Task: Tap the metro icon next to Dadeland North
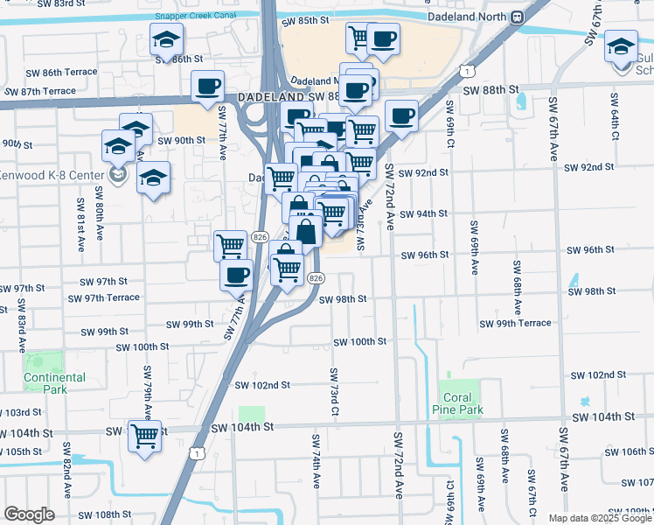[x=518, y=16]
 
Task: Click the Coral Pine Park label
[x=459, y=402]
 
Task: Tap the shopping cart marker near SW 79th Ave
[x=145, y=435]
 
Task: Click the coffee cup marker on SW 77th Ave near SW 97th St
[x=234, y=276]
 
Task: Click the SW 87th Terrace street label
[x=40, y=91]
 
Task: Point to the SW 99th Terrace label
[x=515, y=323]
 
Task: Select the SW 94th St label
[x=423, y=213]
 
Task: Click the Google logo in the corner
[x=30, y=514]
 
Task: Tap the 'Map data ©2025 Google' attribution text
[x=599, y=518]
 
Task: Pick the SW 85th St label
[x=311, y=19]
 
